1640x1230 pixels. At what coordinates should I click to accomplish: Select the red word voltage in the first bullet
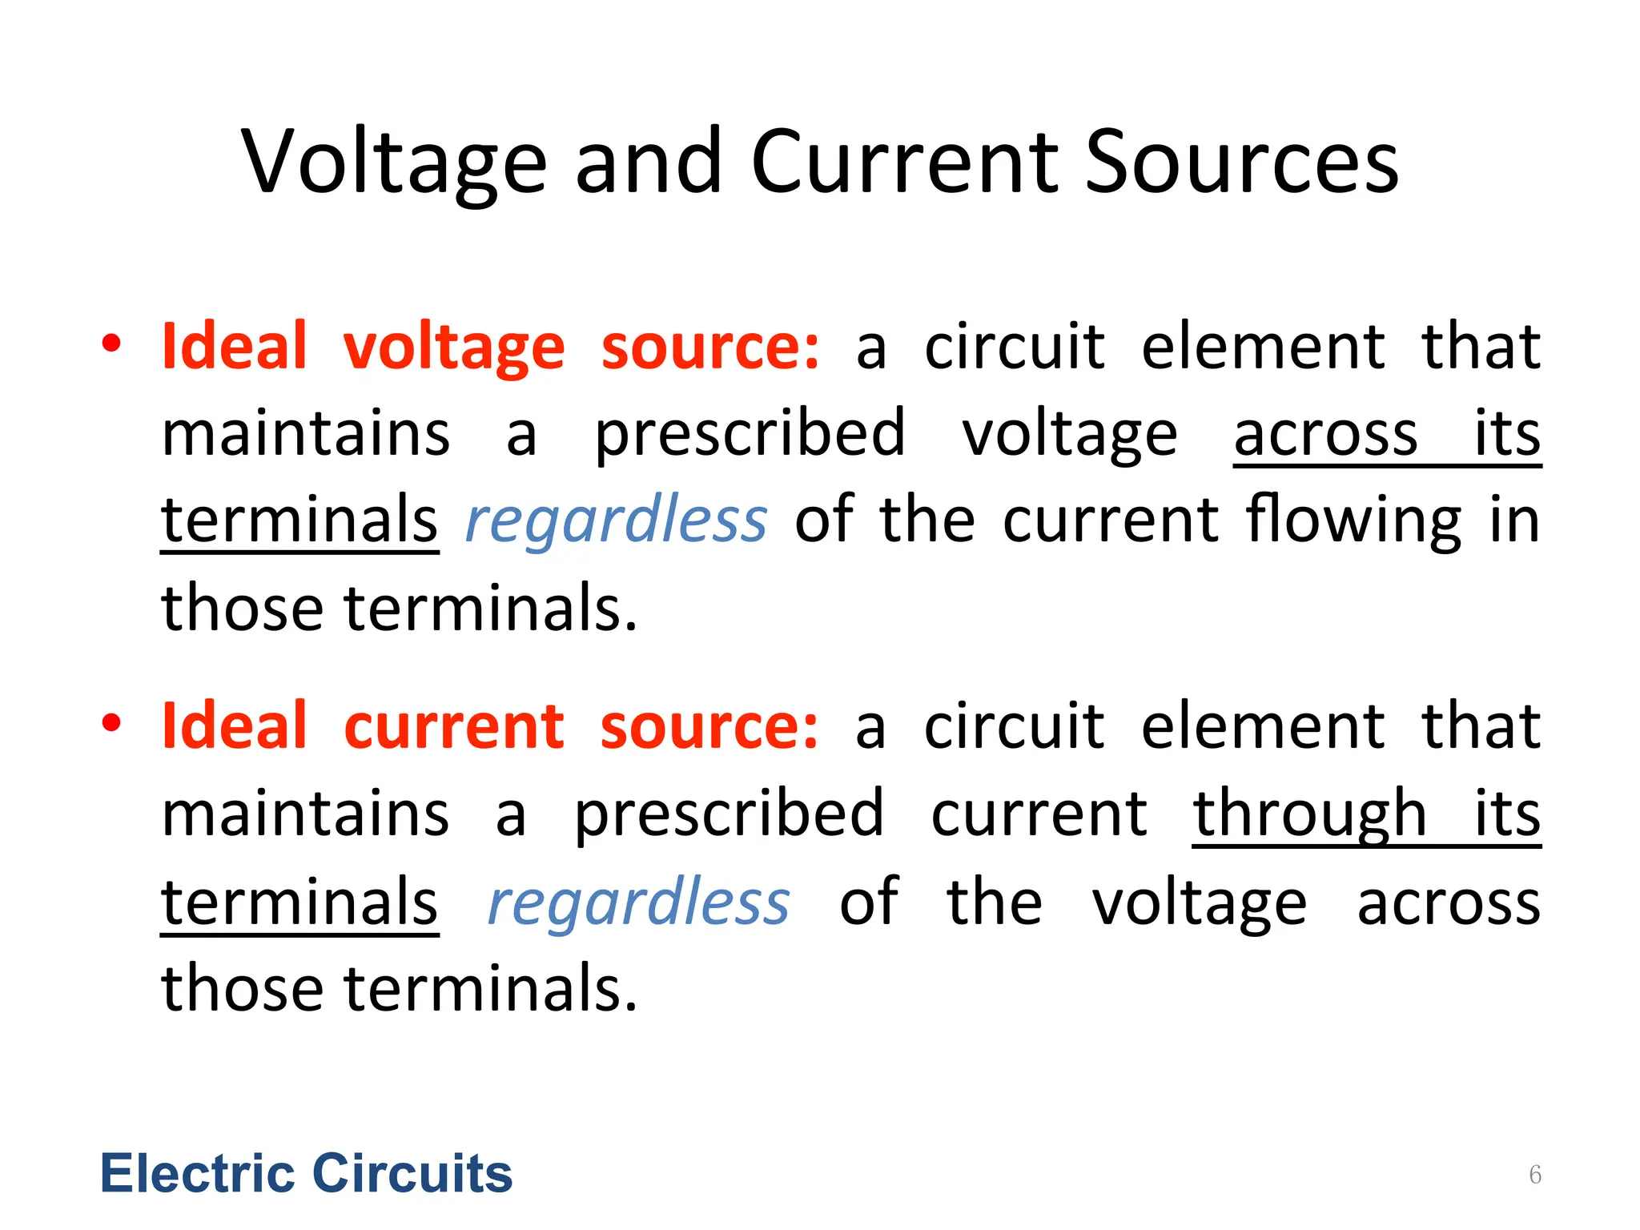point(454,348)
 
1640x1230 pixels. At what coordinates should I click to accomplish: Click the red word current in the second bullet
point(454,726)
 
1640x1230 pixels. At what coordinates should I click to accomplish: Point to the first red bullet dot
point(111,344)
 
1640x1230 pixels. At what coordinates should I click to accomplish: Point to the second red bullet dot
point(111,722)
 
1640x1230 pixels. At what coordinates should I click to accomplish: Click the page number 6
point(1534,1175)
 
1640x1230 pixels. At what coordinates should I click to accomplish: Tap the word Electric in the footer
point(197,1174)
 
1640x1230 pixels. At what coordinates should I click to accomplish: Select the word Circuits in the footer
point(412,1174)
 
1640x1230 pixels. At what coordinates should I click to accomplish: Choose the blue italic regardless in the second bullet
point(639,903)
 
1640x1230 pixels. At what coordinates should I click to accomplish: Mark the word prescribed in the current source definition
point(730,815)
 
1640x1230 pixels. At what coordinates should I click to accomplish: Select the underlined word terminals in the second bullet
point(299,903)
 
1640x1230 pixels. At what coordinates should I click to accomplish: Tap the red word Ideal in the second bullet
point(235,726)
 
